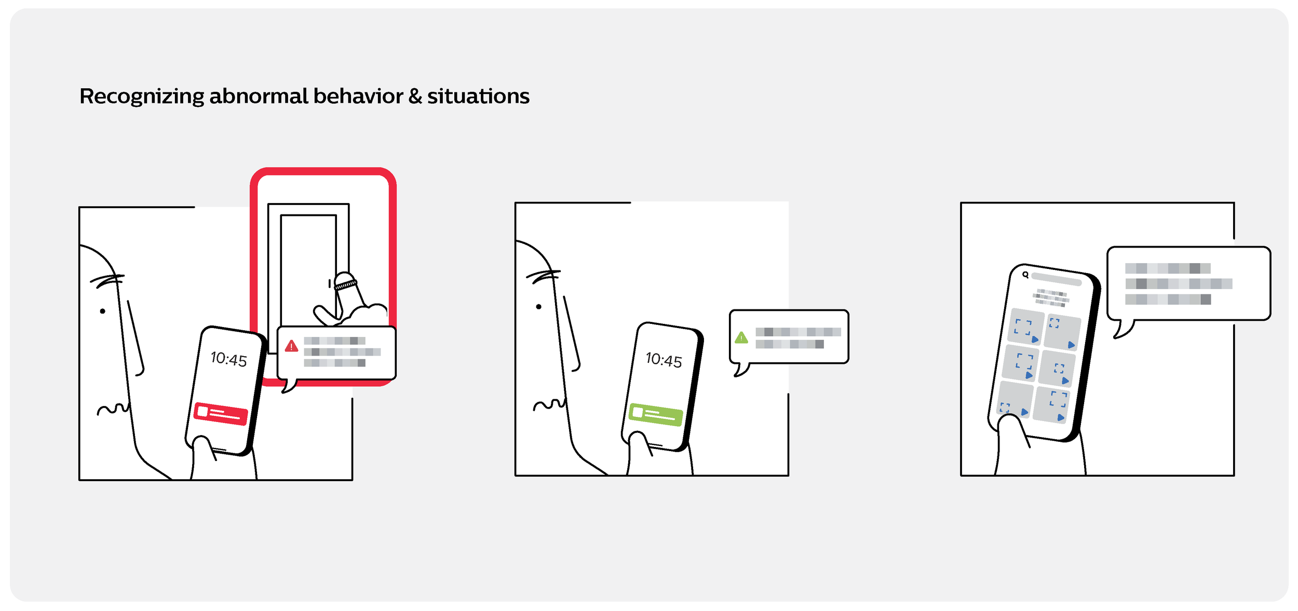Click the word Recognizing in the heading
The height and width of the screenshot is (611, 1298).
[142, 97]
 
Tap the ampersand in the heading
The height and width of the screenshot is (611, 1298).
[415, 97]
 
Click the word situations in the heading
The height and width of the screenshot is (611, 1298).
[478, 97]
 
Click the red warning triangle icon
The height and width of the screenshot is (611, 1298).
[291, 346]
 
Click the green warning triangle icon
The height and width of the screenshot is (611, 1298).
[741, 338]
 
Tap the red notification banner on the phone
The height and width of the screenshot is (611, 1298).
[221, 414]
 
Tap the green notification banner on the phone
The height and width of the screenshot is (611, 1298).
[655, 415]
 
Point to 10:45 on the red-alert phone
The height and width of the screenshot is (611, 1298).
[228, 359]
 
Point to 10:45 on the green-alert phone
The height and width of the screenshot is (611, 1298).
[664, 360]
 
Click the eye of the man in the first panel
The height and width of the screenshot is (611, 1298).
[103, 311]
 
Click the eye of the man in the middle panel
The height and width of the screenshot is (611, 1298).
[539, 307]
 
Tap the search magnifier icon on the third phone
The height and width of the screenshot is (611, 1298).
[1025, 275]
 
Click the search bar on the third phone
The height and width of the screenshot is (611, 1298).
[1056, 279]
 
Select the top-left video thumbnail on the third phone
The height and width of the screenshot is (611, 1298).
[1025, 327]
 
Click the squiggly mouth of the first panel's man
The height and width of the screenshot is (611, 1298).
[113, 409]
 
